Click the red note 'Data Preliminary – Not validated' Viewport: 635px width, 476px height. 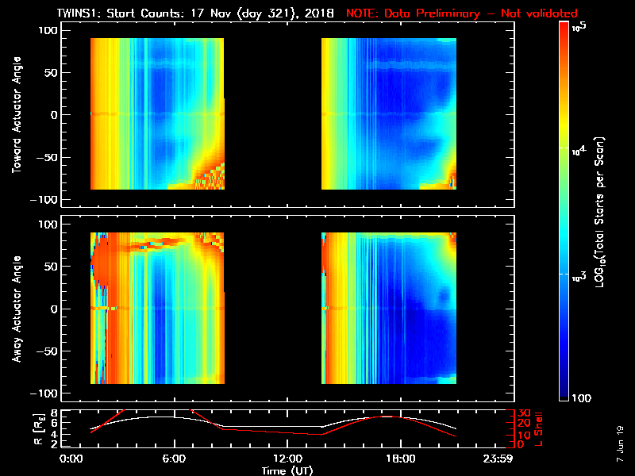pos(462,13)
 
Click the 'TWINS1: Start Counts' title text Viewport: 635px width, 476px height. pos(140,13)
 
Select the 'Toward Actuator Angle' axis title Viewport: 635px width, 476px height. pos(16,115)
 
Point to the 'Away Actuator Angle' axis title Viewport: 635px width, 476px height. pos(16,309)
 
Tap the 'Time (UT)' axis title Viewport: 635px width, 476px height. pos(287,470)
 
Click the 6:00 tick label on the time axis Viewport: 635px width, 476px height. pos(174,459)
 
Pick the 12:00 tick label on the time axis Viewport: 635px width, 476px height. pos(287,459)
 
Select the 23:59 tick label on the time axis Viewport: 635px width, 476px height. pos(499,459)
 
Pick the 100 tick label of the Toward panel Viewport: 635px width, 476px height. pos(48,30)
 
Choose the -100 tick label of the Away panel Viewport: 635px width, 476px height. pos(46,393)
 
